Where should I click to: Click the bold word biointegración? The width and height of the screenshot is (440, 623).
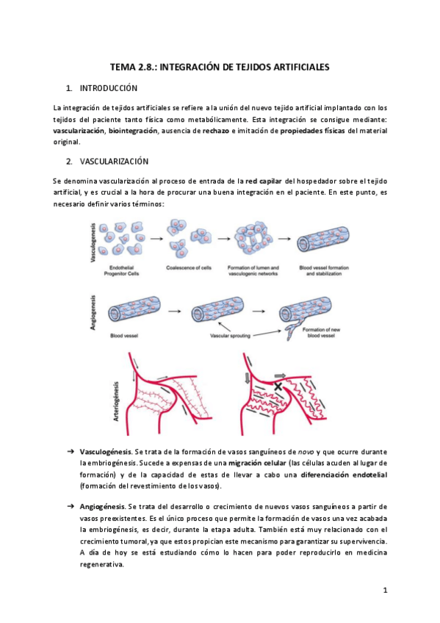tap(133, 131)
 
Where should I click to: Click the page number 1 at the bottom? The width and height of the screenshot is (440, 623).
tap(384, 590)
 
